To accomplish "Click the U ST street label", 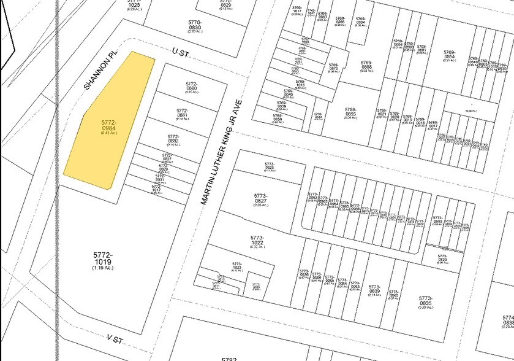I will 180,54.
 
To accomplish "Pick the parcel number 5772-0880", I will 191,85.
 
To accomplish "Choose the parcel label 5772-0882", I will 173,139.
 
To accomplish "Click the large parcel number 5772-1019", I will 103,258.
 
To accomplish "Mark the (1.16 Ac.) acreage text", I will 103,268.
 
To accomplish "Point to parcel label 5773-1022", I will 257,239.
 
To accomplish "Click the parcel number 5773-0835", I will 426,301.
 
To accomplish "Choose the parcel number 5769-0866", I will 366,64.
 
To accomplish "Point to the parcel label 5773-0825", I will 269,165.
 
